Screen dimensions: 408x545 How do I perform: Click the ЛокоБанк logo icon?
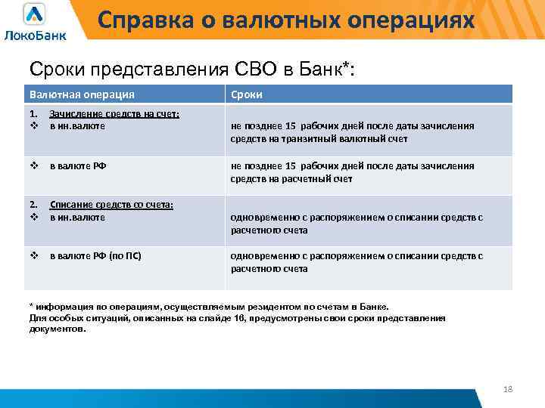coord(34,14)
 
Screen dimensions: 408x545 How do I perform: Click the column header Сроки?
coord(247,94)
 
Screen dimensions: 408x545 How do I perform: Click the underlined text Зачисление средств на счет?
coord(114,114)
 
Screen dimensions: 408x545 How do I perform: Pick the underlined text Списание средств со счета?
coord(111,206)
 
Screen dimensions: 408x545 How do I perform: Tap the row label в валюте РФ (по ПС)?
coord(95,256)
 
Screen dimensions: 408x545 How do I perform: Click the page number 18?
coord(508,388)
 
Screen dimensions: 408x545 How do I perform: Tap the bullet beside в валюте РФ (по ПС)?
coord(33,256)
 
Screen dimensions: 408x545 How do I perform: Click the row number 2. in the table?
coord(33,206)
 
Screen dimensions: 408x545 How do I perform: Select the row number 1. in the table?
coord(33,114)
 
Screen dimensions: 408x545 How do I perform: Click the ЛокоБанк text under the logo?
coord(35,35)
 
